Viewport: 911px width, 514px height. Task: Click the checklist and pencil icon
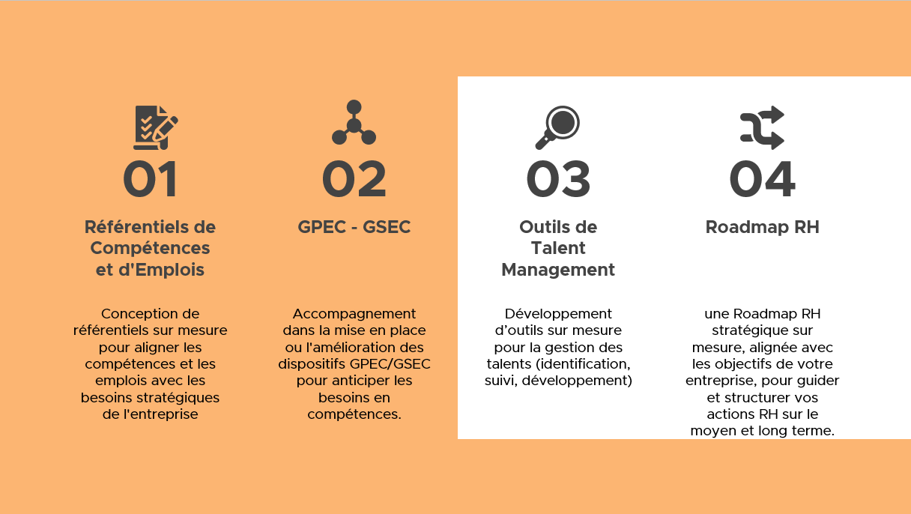[156, 127]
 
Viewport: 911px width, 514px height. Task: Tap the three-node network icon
[354, 122]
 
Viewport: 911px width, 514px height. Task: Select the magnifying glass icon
[557, 127]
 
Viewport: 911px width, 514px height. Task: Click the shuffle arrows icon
[762, 127]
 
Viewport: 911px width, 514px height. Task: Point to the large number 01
[150, 179]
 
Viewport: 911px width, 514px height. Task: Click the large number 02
[354, 179]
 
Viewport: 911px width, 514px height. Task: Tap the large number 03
[558, 179]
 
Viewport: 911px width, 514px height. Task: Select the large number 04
[762, 179]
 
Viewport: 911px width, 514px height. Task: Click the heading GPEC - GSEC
[354, 227]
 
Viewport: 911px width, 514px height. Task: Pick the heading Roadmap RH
[762, 227]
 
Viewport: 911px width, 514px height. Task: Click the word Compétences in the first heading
[150, 249]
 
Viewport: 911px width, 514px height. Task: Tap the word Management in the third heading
[558, 270]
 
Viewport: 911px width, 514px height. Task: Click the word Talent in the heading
[558, 248]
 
